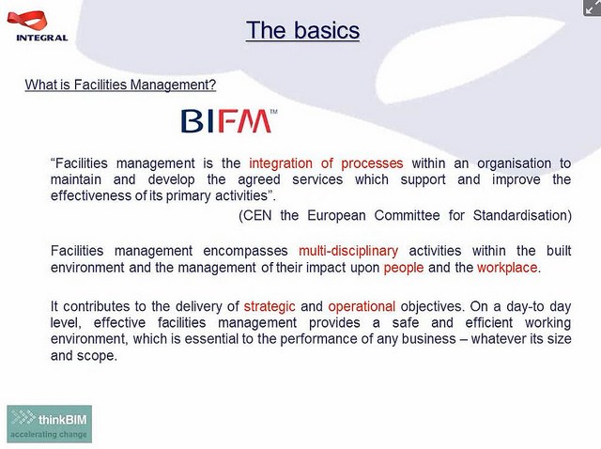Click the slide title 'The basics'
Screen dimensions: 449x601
pyautogui.click(x=302, y=31)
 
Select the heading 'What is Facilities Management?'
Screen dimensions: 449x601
pyautogui.click(x=120, y=85)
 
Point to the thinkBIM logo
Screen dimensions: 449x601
pyautogui.click(x=49, y=424)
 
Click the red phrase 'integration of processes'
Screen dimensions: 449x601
pyautogui.click(x=326, y=163)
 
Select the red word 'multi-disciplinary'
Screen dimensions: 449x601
pyautogui.click(x=348, y=251)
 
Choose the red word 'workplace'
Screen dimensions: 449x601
pyautogui.click(x=508, y=268)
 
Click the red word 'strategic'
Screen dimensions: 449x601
pyautogui.click(x=270, y=306)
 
